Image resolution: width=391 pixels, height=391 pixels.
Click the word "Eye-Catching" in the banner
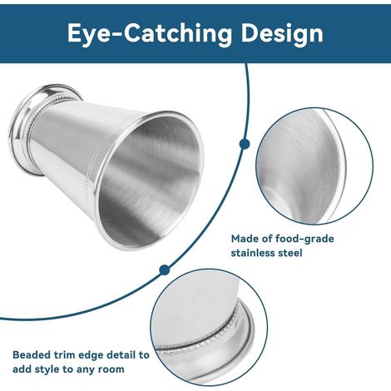(x=150, y=33)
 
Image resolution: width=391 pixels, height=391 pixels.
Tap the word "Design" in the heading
(x=282, y=34)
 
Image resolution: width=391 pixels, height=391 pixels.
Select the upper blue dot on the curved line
(x=245, y=144)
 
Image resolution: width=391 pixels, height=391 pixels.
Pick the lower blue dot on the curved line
(x=165, y=270)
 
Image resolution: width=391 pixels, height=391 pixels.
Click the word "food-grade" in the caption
(x=304, y=239)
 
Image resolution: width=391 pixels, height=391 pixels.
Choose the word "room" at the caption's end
(x=111, y=369)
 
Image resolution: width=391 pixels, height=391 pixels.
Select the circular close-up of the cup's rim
(x=314, y=166)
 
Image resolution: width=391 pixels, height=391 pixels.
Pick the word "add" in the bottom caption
(x=22, y=369)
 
